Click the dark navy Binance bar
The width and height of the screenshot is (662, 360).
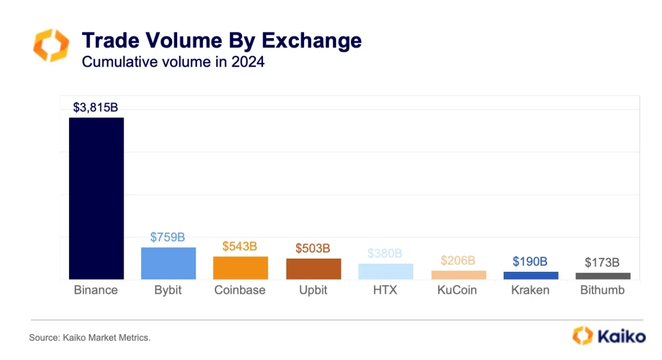96,198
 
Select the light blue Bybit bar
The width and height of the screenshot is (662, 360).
168,264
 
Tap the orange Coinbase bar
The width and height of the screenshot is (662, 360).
241,268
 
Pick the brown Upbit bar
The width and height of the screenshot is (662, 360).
313,269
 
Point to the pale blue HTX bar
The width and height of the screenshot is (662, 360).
386,271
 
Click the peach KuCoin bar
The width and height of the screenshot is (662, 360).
458,275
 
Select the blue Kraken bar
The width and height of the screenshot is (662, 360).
531,276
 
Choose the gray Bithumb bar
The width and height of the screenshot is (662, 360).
603,276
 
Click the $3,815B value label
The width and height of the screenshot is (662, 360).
95,108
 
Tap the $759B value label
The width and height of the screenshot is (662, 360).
168,238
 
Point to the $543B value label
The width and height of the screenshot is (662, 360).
240,246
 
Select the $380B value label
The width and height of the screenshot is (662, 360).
385,254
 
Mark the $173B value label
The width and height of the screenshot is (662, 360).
602,262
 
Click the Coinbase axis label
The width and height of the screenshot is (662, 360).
240,290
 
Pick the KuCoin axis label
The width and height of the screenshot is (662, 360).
458,290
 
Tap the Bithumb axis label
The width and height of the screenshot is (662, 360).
602,290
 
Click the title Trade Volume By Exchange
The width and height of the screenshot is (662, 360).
222,41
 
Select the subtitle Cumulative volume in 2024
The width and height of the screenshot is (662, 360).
173,62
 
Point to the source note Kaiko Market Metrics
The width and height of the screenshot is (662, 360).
89,337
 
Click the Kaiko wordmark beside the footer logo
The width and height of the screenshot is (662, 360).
621,336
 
